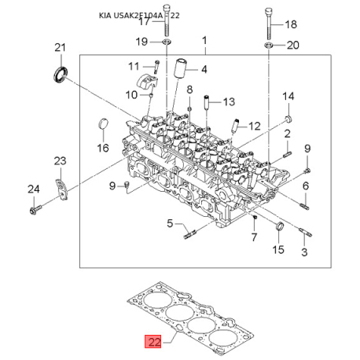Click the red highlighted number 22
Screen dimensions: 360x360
[152, 341]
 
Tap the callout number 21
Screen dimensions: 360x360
[60, 48]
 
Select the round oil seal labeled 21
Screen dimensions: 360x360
[61, 75]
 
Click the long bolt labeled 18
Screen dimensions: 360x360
[268, 22]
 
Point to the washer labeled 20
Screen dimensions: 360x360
[269, 45]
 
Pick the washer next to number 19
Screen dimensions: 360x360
[167, 42]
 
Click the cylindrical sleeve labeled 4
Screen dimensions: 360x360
[180, 68]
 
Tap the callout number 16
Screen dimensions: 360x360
[103, 148]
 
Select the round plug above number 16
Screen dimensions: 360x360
[103, 123]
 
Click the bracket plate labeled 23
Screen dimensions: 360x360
[61, 189]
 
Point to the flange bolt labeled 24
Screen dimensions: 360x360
[35, 210]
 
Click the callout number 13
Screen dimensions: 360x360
[229, 101]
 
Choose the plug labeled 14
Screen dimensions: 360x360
[288, 119]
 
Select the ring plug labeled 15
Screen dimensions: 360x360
[280, 226]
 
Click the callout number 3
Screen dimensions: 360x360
[304, 252]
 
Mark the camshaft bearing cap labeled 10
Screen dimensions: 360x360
[147, 82]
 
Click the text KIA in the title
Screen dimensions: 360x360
[105, 16]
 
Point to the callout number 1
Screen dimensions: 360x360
[204, 41]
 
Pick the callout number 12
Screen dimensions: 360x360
[255, 127]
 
